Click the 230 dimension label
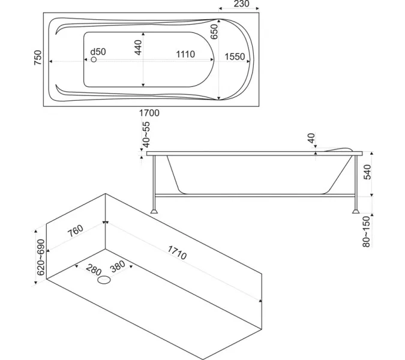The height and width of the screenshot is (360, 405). [x=242, y=4]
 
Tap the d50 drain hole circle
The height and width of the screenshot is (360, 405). [x=94, y=59]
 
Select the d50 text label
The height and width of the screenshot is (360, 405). [x=98, y=52]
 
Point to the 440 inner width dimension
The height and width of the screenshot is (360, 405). [x=138, y=47]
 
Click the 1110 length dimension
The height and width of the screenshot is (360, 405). [x=185, y=54]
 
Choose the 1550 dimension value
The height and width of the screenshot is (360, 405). [x=235, y=56]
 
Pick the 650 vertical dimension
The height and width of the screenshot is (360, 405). [x=214, y=32]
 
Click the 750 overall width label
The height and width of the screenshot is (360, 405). [x=38, y=58]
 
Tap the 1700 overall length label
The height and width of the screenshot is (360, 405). [x=149, y=113]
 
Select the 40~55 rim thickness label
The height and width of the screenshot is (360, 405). [x=146, y=134]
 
